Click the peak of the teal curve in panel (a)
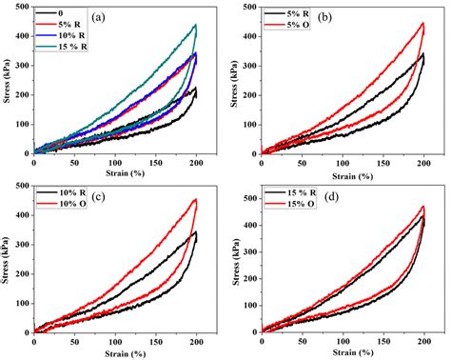(x=195, y=25)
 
